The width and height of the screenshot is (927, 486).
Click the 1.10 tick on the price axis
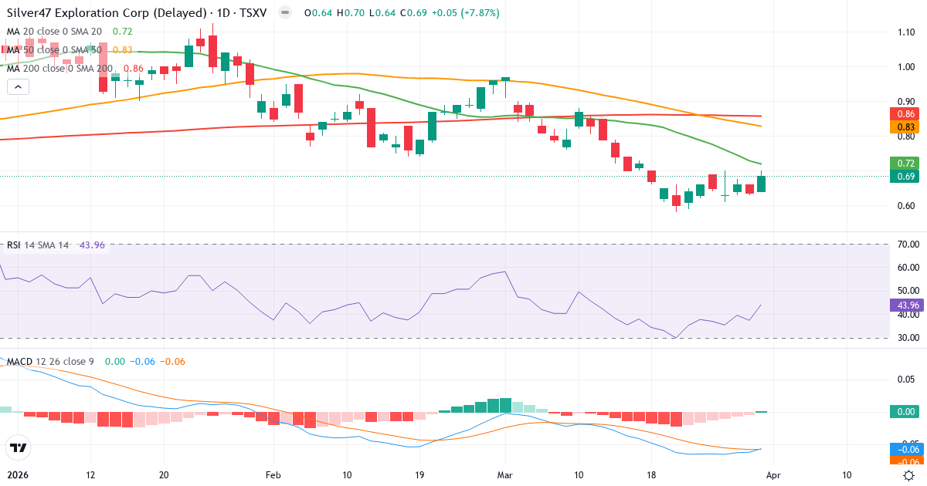pos(907,32)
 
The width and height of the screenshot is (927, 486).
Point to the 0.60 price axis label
pos(907,205)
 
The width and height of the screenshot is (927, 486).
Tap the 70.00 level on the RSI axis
pos(907,245)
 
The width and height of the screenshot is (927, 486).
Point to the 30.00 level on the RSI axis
pos(907,338)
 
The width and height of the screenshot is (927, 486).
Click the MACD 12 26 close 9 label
pos(50,361)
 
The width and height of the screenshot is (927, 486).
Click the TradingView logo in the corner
pos(18,447)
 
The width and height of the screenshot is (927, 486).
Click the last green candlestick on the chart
pos(762,184)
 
